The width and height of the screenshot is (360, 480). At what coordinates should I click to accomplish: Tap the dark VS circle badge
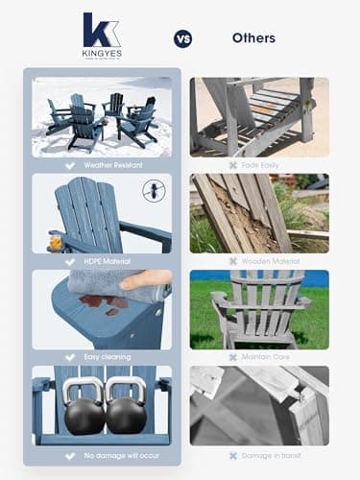pos(182,38)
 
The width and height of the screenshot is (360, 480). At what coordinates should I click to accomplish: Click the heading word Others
pos(253,38)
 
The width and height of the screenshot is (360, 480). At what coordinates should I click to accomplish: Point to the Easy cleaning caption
pos(106,357)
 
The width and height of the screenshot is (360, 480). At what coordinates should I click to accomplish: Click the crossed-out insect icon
pos(151,190)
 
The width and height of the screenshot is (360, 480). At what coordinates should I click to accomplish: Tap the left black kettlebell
pos(83,408)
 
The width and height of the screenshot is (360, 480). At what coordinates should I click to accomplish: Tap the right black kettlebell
pos(125,408)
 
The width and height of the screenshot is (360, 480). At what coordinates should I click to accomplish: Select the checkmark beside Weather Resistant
pos(70,165)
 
